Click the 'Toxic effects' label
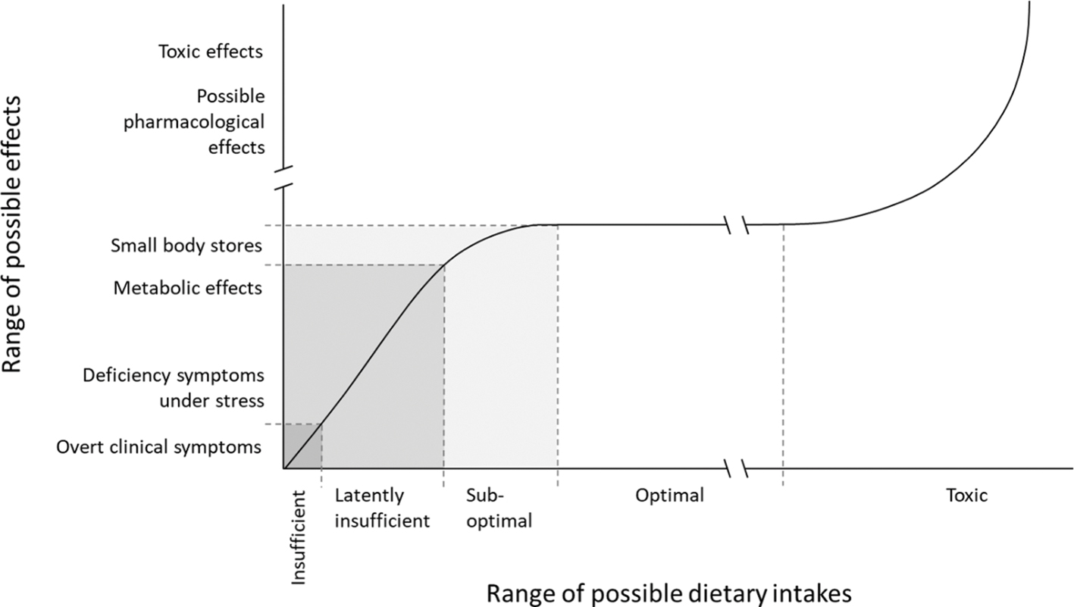click(x=210, y=52)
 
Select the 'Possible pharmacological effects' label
click(x=230, y=121)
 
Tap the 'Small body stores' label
click(x=186, y=246)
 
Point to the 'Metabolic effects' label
click(x=187, y=288)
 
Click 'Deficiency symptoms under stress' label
click(x=173, y=387)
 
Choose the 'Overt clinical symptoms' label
click(x=158, y=446)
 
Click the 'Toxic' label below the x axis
click(x=966, y=496)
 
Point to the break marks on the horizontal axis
click(x=735, y=469)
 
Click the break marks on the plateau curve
click(x=735, y=224)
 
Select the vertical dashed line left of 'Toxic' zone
click(x=782, y=349)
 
